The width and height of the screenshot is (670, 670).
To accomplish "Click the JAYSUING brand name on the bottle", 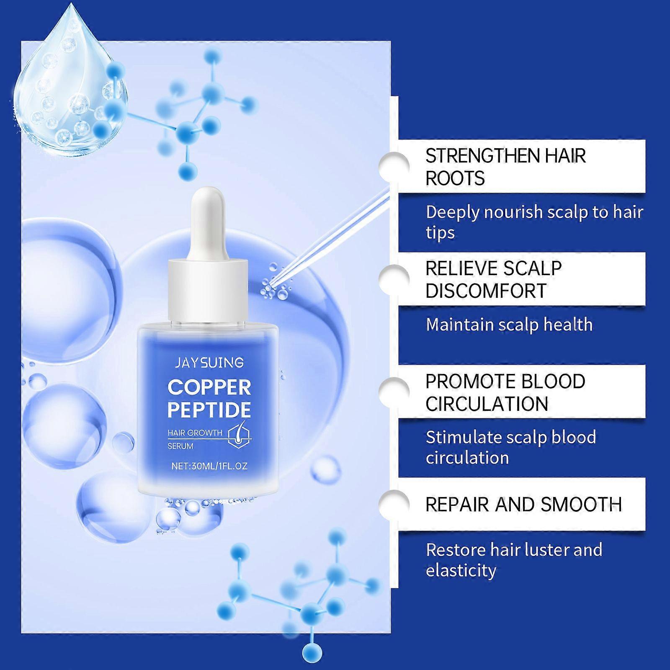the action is click(209, 362).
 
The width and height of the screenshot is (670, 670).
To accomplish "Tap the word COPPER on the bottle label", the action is click(209, 387).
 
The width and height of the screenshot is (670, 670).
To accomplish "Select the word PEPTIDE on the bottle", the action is click(209, 410).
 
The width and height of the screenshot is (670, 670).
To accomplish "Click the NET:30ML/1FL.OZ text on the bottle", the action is click(209, 466).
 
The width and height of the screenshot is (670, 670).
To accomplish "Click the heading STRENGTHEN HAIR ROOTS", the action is click(505, 167).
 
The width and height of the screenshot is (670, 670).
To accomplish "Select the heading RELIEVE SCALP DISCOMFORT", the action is click(493, 279).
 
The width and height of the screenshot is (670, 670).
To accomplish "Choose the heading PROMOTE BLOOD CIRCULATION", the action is click(505, 392).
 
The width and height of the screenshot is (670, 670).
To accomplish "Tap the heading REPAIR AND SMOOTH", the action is click(523, 505).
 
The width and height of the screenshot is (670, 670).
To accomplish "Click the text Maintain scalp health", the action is click(509, 325).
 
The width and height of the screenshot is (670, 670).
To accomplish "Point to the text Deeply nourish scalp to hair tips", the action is click(534, 222).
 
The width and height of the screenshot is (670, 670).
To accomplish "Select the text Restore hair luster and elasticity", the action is click(514, 560).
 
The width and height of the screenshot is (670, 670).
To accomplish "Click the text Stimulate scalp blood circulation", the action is click(511, 447).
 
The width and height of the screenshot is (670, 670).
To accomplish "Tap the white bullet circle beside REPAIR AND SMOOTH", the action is click(394, 504).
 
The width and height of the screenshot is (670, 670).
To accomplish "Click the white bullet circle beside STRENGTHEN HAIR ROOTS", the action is click(394, 167).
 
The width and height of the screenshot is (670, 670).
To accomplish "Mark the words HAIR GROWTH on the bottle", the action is click(195, 433).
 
